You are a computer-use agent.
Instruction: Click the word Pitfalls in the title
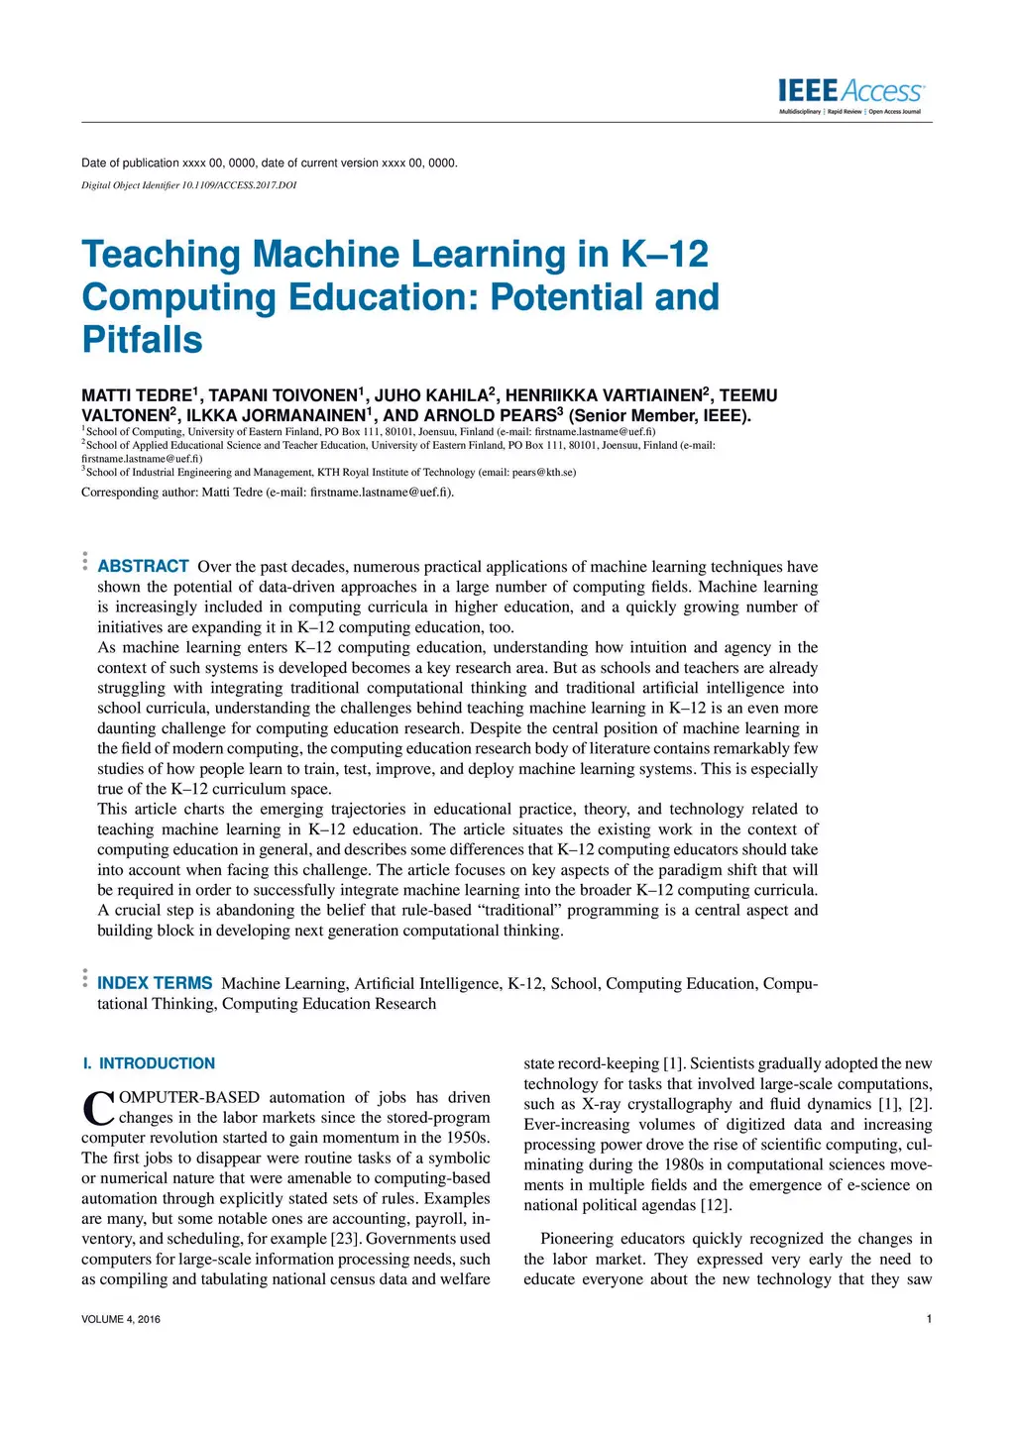(x=142, y=340)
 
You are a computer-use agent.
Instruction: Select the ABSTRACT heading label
(x=143, y=566)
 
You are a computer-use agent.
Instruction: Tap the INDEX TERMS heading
(x=155, y=983)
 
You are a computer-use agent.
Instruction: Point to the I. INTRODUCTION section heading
(x=149, y=1063)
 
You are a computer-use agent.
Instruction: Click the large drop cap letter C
(x=98, y=1108)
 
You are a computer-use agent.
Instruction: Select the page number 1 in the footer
(x=929, y=1319)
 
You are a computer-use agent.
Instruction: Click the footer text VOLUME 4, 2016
(x=121, y=1319)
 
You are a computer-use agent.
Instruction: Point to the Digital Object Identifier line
(x=188, y=185)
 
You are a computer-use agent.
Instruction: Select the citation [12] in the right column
(x=716, y=1205)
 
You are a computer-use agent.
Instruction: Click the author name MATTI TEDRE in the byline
(x=137, y=395)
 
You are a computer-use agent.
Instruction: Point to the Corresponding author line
(x=268, y=493)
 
